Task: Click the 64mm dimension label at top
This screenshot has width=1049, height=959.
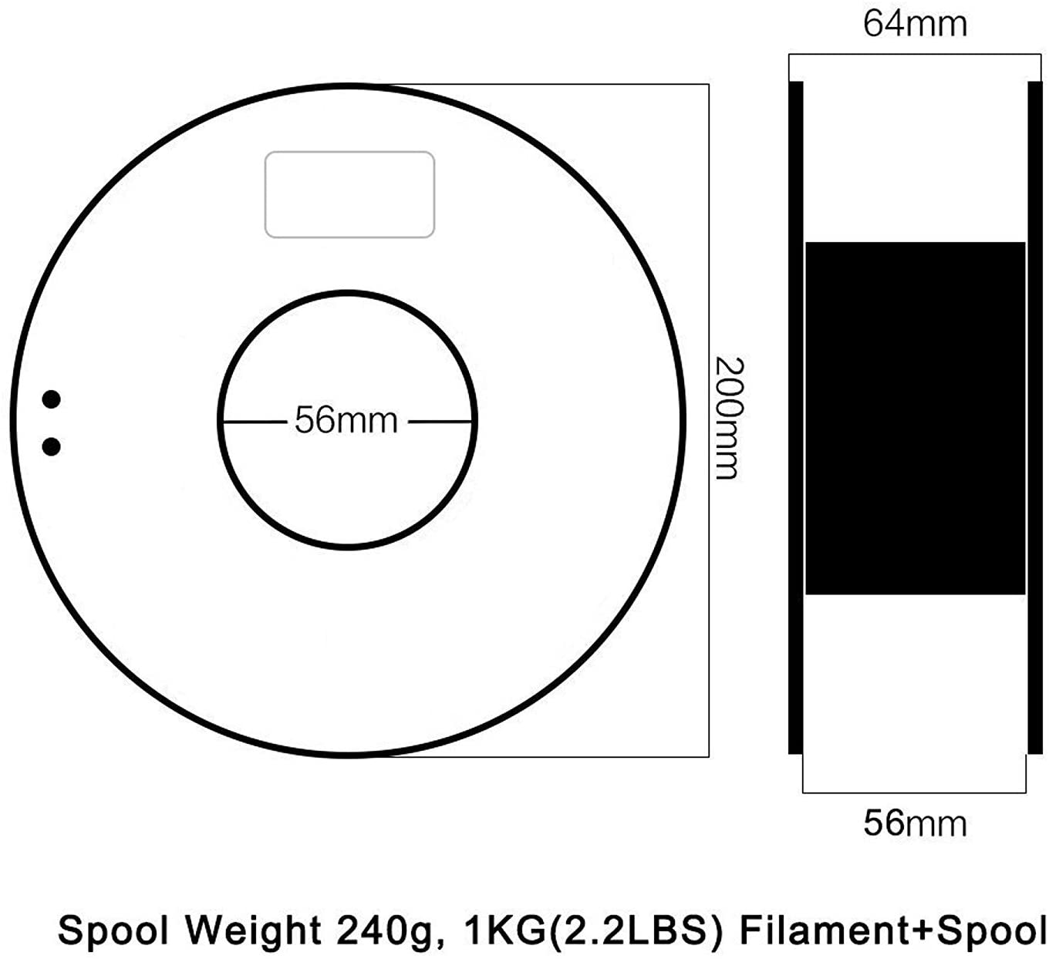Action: pos(915,23)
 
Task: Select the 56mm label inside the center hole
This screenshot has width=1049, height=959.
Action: pos(346,421)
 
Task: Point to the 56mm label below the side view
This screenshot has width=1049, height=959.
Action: pos(915,823)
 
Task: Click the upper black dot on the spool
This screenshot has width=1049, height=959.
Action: pos(51,399)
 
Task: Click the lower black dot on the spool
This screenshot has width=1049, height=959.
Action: pos(51,446)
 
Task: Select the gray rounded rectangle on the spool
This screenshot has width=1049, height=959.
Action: pos(349,194)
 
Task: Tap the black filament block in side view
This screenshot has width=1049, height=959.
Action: pos(915,418)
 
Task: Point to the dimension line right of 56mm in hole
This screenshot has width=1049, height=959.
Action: pos(440,421)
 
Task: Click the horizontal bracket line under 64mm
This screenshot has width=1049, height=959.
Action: pos(915,55)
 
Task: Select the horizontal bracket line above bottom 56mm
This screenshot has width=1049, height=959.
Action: pos(915,792)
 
